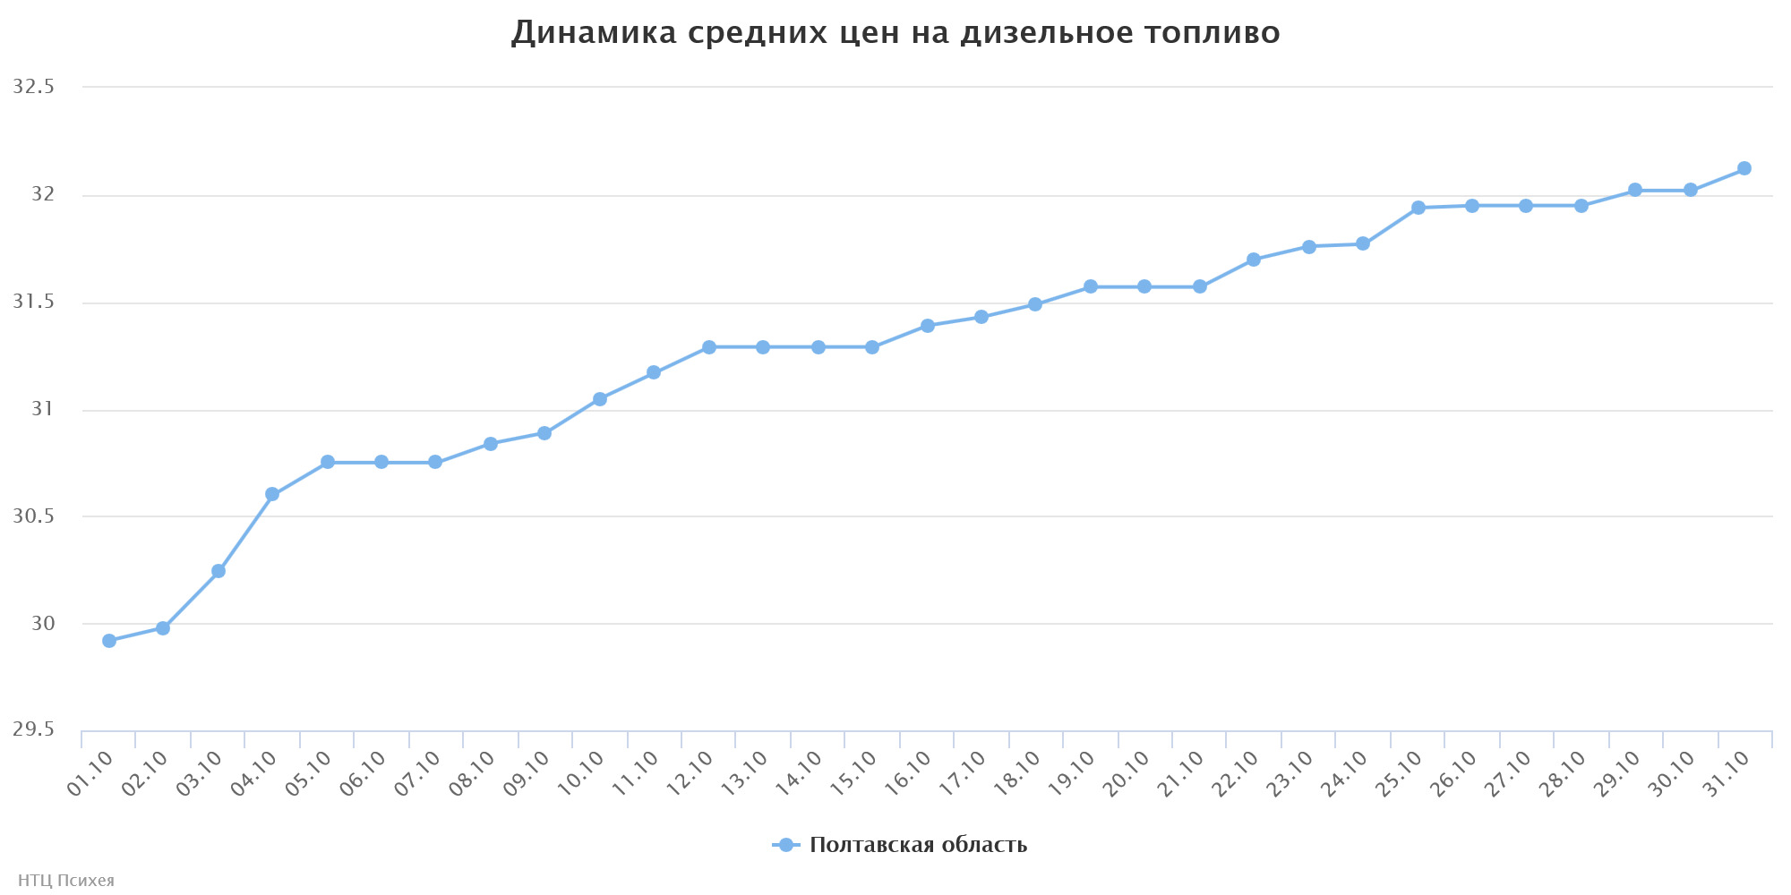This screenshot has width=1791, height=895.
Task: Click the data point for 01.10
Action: point(109,641)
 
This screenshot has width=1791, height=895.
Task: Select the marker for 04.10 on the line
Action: point(272,494)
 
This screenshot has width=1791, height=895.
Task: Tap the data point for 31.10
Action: point(1744,168)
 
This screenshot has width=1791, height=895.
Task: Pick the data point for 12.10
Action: point(709,347)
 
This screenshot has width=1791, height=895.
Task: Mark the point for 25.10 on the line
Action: point(1418,208)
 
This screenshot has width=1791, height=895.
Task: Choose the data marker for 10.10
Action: point(600,399)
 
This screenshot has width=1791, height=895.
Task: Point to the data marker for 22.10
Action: point(1254,260)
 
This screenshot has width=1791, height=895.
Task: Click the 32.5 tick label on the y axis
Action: point(34,88)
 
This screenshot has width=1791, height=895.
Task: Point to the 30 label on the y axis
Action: point(43,624)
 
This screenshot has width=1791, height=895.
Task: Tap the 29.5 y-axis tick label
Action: point(34,730)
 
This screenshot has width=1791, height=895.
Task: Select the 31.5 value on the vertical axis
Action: point(34,303)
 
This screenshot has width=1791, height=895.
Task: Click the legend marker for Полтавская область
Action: point(786,845)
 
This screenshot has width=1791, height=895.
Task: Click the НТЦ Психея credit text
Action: point(66,881)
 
